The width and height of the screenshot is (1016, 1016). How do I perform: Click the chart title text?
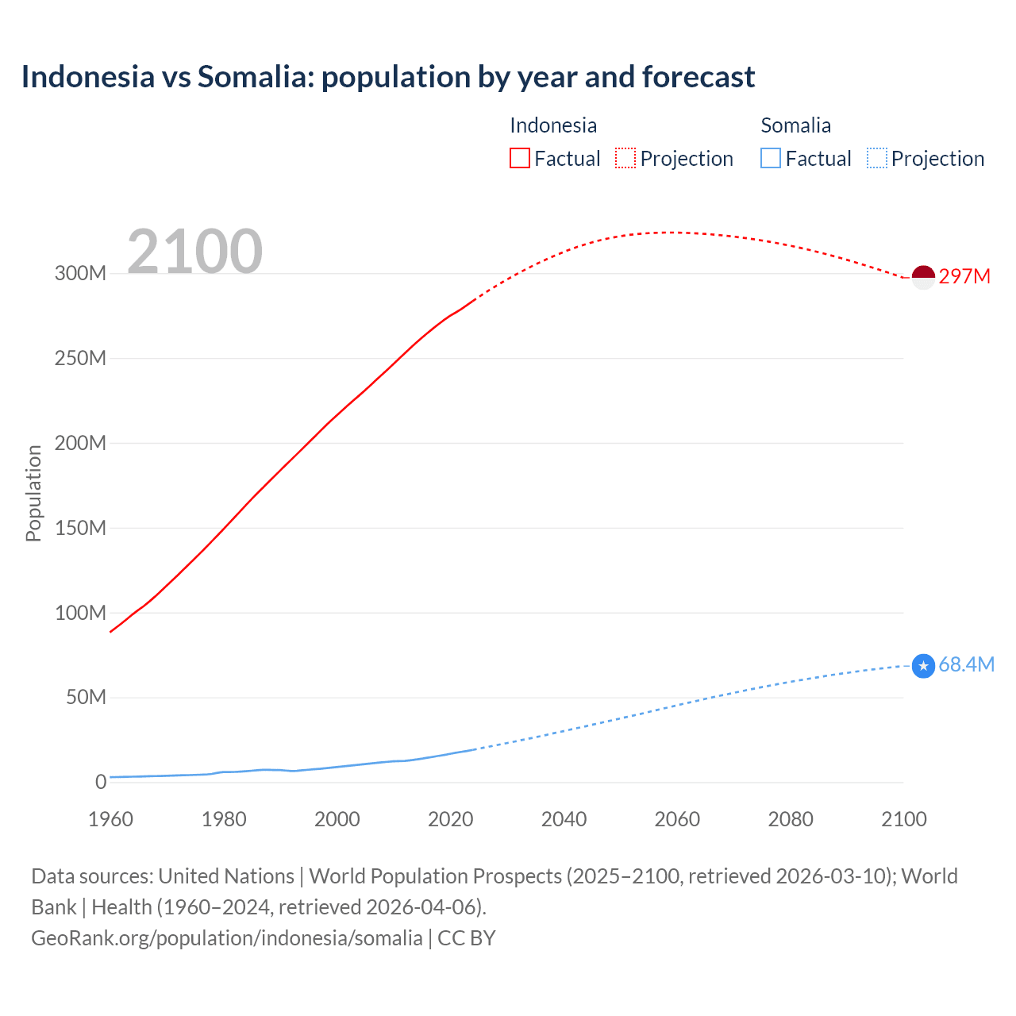tap(388, 77)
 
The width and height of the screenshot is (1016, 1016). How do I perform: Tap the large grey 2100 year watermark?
tap(194, 252)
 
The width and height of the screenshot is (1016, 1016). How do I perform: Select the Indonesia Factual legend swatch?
tap(519, 158)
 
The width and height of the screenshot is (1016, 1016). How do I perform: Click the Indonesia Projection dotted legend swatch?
tap(625, 158)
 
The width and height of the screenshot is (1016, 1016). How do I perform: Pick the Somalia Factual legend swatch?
tap(771, 158)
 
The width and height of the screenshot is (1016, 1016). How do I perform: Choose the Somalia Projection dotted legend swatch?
tap(877, 158)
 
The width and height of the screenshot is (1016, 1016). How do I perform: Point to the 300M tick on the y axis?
tap(80, 274)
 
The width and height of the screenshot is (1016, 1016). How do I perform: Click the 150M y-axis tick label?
tap(80, 528)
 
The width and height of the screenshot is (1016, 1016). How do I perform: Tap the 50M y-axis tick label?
tap(86, 698)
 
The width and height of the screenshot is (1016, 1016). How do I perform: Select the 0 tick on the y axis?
tap(101, 783)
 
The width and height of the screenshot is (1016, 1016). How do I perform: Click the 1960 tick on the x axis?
tap(110, 819)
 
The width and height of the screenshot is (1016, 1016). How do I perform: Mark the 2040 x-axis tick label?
tap(564, 819)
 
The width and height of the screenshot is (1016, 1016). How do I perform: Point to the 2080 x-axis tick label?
tap(791, 819)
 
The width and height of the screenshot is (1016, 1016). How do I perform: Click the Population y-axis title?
tap(33, 493)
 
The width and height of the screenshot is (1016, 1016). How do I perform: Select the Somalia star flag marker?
tap(923, 666)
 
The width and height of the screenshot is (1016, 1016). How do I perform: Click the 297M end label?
tap(964, 276)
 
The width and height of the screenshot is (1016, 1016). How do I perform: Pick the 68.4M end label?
tap(966, 665)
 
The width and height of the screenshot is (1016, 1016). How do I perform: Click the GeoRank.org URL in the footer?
tap(226, 938)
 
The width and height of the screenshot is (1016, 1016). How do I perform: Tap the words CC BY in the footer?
tap(467, 938)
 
